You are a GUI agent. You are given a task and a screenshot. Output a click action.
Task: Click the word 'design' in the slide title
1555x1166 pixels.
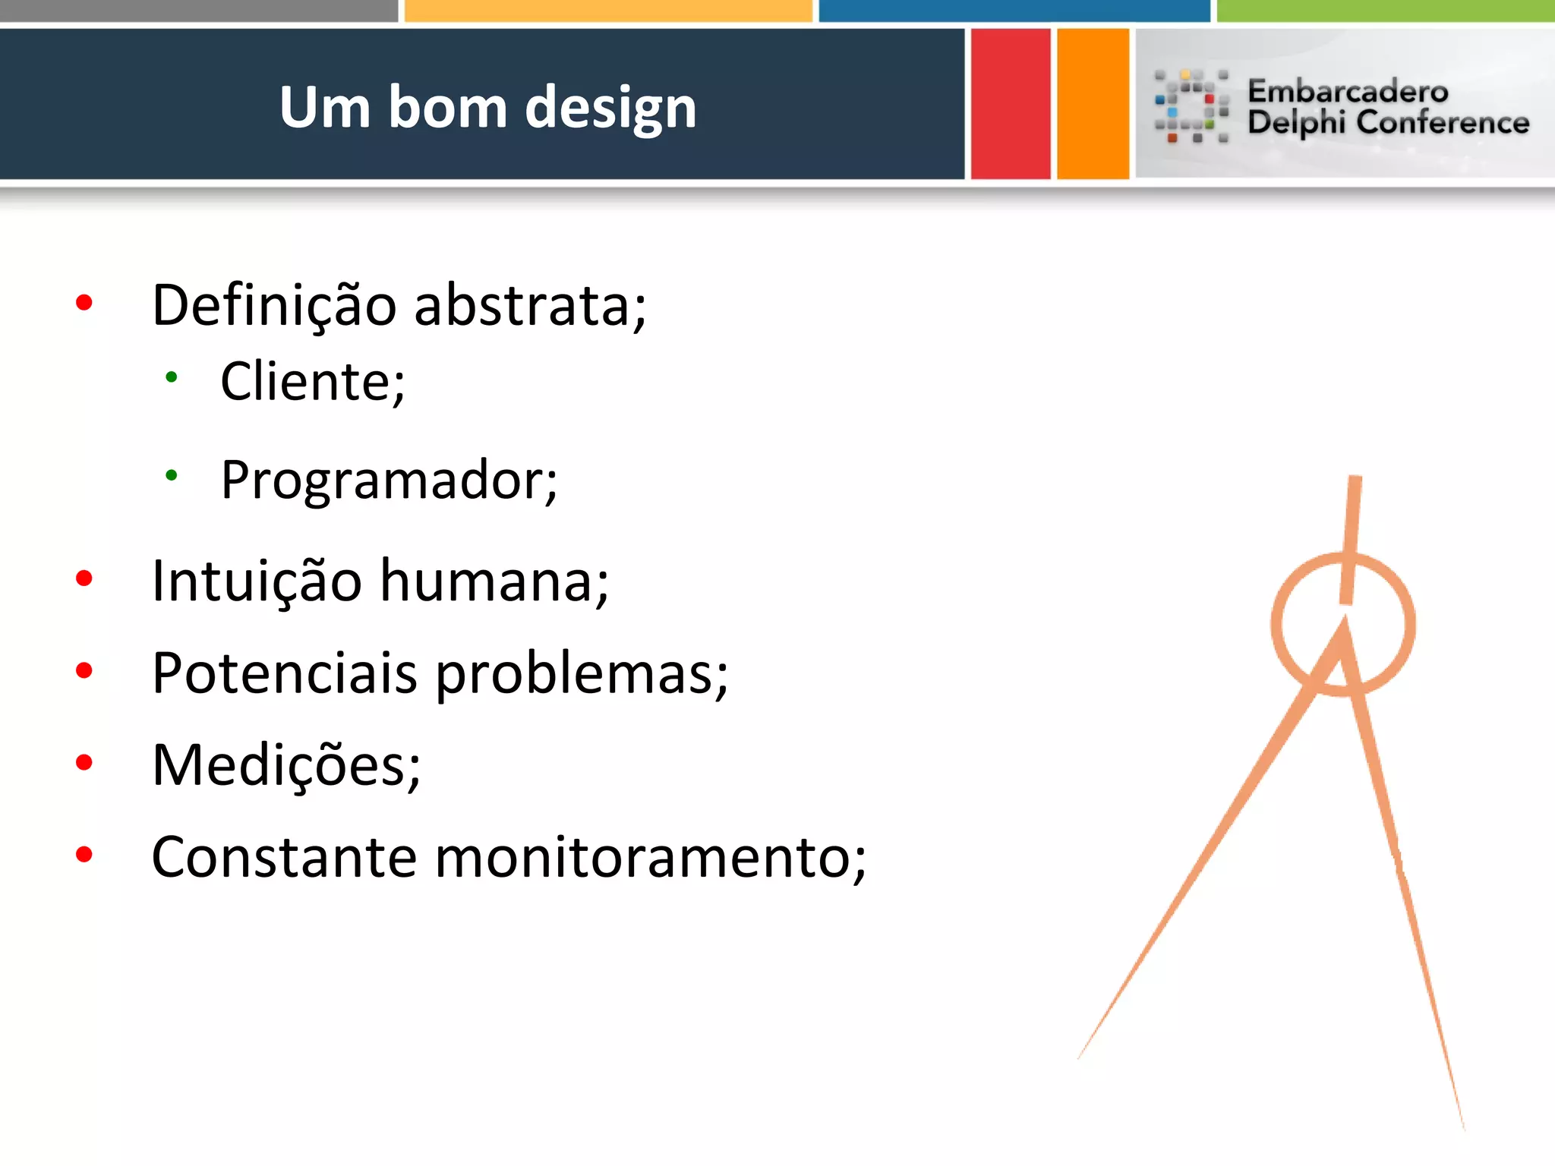[610, 108]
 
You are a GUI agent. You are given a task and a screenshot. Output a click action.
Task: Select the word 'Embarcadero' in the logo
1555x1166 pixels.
[1348, 91]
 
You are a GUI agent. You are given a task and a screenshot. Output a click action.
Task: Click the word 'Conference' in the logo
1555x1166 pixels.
[1443, 122]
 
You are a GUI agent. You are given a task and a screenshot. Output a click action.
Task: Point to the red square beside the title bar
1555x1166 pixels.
[1011, 104]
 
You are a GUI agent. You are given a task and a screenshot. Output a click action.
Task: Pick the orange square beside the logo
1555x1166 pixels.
[1093, 104]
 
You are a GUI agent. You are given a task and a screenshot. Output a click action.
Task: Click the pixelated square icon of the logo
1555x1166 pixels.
[1191, 106]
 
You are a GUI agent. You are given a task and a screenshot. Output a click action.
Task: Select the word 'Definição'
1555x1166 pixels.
[274, 305]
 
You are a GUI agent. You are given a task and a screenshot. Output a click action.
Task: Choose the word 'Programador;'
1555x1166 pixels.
[389, 480]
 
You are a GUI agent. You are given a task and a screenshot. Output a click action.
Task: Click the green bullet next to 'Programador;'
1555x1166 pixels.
[172, 476]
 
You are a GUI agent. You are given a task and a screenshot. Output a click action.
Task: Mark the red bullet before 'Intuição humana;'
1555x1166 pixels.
[84, 578]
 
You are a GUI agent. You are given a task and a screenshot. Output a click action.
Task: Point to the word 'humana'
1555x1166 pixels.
[494, 581]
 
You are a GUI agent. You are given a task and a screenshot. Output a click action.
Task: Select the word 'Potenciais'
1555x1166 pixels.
[285, 673]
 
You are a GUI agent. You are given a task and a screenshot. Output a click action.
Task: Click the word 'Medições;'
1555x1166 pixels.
[286, 765]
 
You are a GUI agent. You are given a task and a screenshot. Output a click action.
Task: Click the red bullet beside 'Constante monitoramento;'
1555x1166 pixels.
[84, 855]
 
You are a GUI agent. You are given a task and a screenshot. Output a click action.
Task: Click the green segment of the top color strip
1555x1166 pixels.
[1385, 10]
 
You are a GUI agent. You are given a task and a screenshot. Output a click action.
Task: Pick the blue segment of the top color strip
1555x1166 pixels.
[1014, 10]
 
